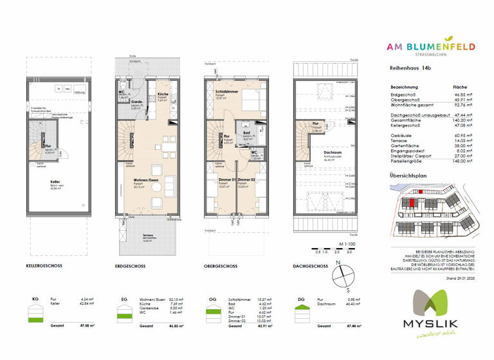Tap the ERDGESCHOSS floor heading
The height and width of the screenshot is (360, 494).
(x=133, y=265)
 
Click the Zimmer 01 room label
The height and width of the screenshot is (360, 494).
(x=218, y=179)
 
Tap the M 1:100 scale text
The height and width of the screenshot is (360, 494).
(x=347, y=246)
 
